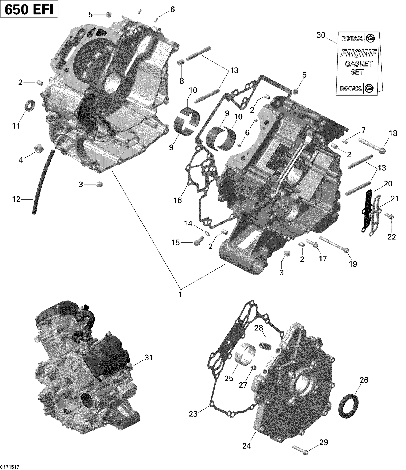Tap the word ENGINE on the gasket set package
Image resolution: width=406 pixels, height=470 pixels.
tap(358, 54)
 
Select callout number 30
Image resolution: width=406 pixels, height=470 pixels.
tap(321, 35)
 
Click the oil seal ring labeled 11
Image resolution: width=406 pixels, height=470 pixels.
tap(30, 105)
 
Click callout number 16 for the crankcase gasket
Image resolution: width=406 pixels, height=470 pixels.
tap(178, 200)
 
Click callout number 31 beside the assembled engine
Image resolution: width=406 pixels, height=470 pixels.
tap(149, 358)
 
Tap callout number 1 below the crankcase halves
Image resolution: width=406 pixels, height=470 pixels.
tap(180, 294)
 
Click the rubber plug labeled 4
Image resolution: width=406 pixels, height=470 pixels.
tap(39, 149)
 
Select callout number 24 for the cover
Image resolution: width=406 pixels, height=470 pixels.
tap(247, 446)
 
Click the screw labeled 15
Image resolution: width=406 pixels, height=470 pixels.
tap(199, 240)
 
